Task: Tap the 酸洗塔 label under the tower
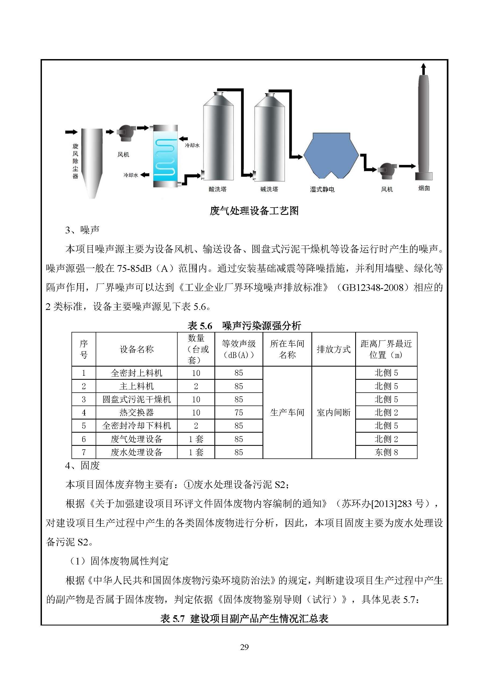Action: [217, 189]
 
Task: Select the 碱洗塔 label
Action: [269, 189]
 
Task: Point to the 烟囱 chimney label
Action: [424, 189]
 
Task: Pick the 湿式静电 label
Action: [322, 190]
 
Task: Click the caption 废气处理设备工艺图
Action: [254, 211]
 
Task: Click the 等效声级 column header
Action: [239, 349]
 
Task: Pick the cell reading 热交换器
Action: [136, 412]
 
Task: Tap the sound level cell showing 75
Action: [239, 412]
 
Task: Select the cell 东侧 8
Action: [386, 452]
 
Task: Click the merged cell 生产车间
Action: [287, 412]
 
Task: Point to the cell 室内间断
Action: [333, 412]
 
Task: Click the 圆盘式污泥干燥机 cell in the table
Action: [136, 399]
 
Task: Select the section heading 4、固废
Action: [82, 466]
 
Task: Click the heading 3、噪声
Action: [82, 230]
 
